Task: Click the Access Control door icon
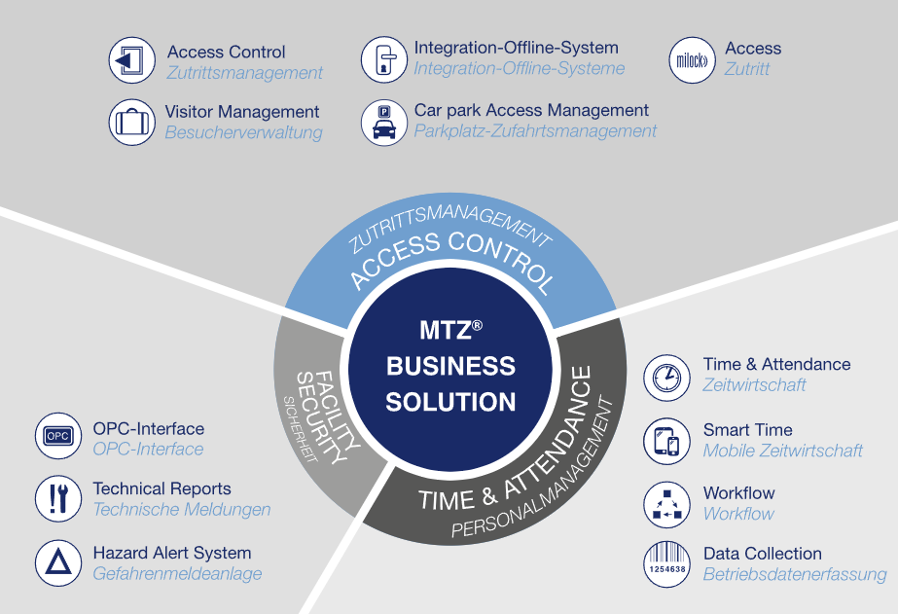pyautogui.click(x=132, y=60)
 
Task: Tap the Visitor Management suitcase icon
pyautogui.click(x=132, y=122)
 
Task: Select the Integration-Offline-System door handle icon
pyautogui.click(x=384, y=60)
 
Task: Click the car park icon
pyautogui.click(x=384, y=122)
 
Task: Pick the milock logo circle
pyautogui.click(x=693, y=60)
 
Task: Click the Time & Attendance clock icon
pyautogui.click(x=667, y=376)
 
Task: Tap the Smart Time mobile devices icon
pyautogui.click(x=667, y=441)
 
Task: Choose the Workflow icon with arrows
pyautogui.click(x=667, y=503)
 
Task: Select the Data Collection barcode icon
pyautogui.click(x=667, y=564)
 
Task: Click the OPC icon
pyautogui.click(x=57, y=436)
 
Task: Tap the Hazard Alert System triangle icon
pyautogui.click(x=57, y=562)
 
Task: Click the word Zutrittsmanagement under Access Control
pyautogui.click(x=244, y=73)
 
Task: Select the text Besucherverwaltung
pyautogui.click(x=243, y=132)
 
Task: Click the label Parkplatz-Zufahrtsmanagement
pyautogui.click(x=535, y=130)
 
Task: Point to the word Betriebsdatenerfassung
pyautogui.click(x=794, y=574)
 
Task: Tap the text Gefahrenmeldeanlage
pyautogui.click(x=177, y=574)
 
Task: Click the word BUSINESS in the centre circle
pyautogui.click(x=450, y=366)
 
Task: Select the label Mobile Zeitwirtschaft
pyautogui.click(x=782, y=451)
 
